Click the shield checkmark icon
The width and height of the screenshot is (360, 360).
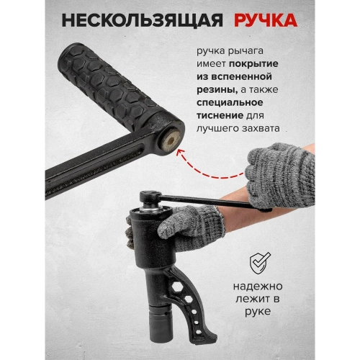pyautogui.click(x=261, y=263)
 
